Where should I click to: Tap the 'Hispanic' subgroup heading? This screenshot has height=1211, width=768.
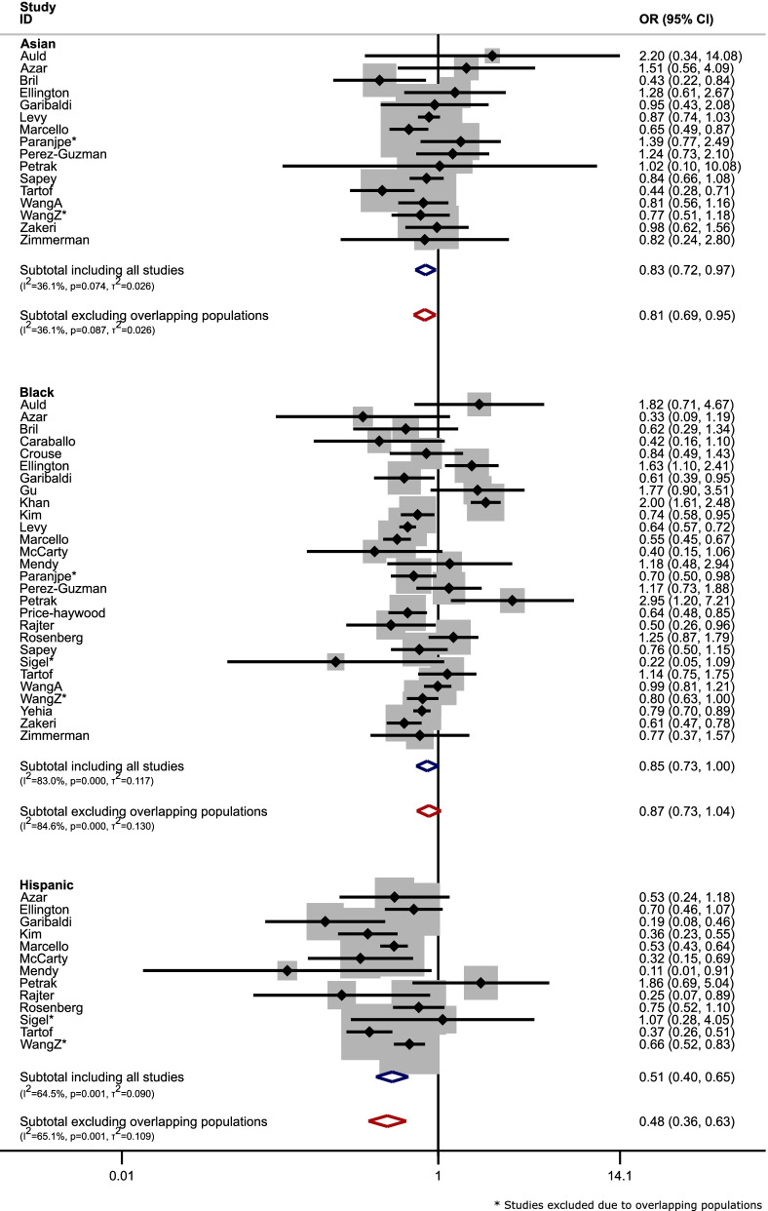(47, 884)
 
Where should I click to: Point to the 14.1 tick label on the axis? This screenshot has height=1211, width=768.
(619, 1176)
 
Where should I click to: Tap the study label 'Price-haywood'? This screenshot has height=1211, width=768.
(61, 613)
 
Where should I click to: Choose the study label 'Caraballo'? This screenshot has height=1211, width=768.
(49, 442)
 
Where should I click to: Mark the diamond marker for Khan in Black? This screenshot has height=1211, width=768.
(485, 503)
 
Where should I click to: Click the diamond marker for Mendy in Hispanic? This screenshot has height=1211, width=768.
(287, 971)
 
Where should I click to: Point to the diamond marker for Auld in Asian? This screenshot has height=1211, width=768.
(492, 56)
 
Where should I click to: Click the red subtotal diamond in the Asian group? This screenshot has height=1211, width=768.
(424, 315)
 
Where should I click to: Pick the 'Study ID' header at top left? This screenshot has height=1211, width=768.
(36, 14)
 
